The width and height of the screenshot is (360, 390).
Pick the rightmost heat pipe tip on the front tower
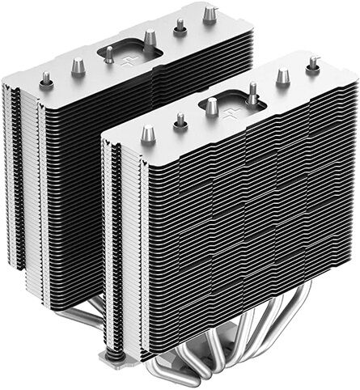[313, 65]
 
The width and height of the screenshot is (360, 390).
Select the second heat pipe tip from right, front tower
[282, 77]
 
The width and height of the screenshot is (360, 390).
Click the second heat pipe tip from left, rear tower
[78, 67]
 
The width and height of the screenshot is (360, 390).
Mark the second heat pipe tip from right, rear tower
[180, 25]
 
